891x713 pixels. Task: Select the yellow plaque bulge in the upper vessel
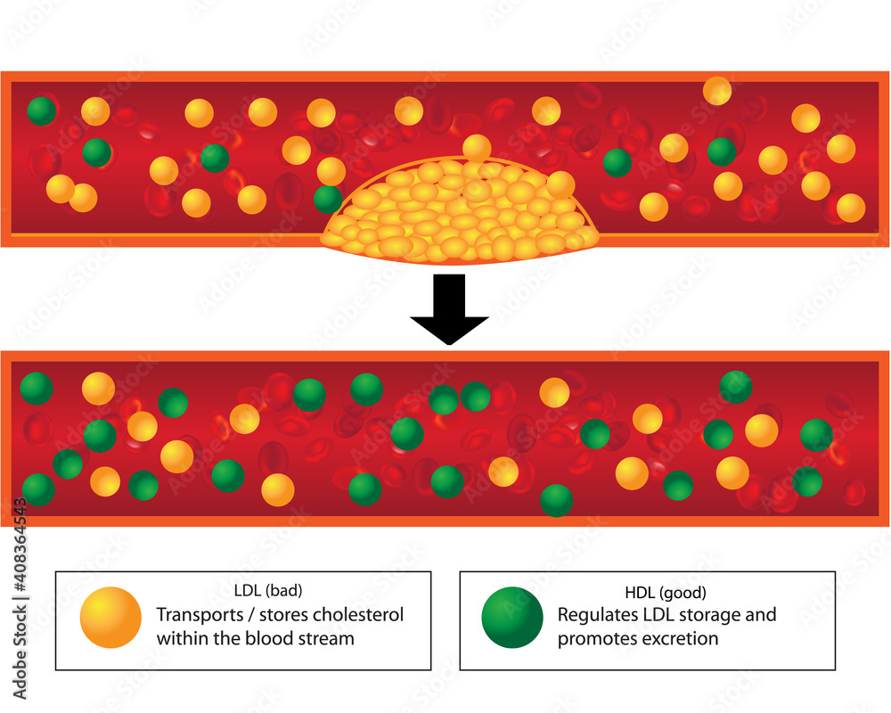click(x=458, y=214)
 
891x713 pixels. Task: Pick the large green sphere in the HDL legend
click(x=511, y=618)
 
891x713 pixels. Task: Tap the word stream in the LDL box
click(x=327, y=638)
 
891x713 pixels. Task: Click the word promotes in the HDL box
click(x=594, y=639)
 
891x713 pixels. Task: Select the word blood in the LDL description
click(x=274, y=638)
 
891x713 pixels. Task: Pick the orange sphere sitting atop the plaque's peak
click(x=477, y=148)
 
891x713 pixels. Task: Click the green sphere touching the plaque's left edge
click(x=328, y=199)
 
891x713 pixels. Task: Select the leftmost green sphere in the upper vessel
click(x=41, y=111)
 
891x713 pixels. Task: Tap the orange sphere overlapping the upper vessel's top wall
click(x=717, y=90)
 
